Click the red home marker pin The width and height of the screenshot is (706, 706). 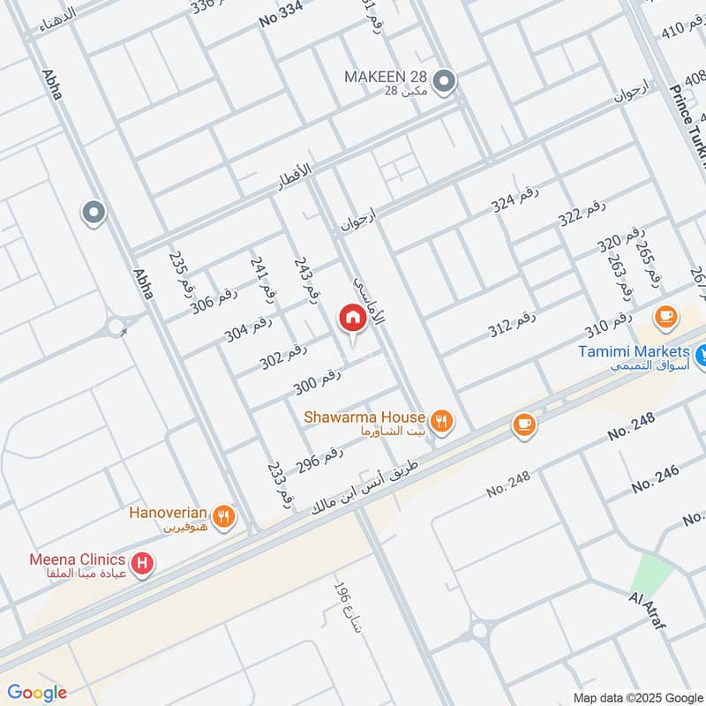tap(352, 319)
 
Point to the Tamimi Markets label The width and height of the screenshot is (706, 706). tap(634, 351)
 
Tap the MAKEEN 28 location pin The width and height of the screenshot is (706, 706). tap(446, 83)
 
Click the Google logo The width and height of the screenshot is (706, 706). tap(36, 693)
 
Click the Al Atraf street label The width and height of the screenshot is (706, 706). tap(647, 612)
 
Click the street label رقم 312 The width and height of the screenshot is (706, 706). tap(513, 325)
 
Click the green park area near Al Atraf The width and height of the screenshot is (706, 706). tap(652, 572)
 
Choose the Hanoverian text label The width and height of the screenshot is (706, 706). tap(168, 513)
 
